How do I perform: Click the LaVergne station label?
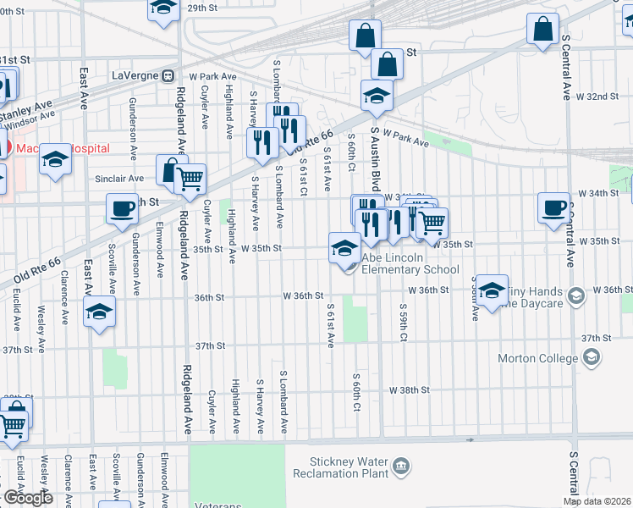[x=135, y=75]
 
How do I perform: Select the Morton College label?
[x=542, y=359]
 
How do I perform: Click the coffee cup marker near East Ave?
[x=122, y=208]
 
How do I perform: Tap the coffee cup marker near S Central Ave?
[x=555, y=207]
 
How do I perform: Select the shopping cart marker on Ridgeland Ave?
[x=190, y=179]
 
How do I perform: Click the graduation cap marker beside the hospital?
[x=56, y=159]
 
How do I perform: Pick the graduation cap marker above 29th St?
[x=164, y=8]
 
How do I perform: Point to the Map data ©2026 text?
[x=597, y=501]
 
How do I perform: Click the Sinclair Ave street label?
[x=119, y=179]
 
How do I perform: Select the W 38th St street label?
[x=410, y=390]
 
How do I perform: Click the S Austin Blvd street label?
[x=375, y=161]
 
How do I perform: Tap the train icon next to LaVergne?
[x=168, y=75]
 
